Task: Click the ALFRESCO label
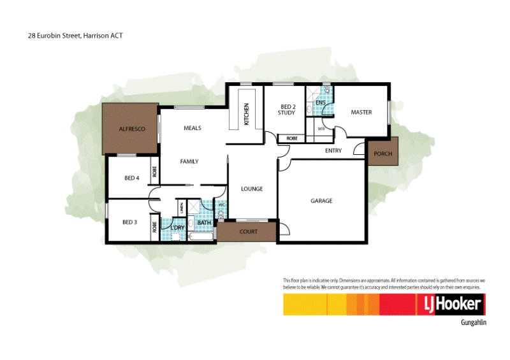pyautogui.click(x=132, y=129)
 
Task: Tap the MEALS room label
pyautogui.click(x=192, y=128)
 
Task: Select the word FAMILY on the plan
pyautogui.click(x=189, y=162)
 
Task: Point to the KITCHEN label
pyautogui.click(x=247, y=115)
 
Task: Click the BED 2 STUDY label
pyautogui.click(x=286, y=110)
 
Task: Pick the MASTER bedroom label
pyautogui.click(x=361, y=113)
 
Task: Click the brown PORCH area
pyautogui.click(x=383, y=154)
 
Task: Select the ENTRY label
pyautogui.click(x=333, y=151)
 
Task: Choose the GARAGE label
pyautogui.click(x=321, y=201)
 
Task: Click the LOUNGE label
pyautogui.click(x=252, y=189)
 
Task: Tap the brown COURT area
pyautogui.click(x=248, y=232)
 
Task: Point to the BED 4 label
pyautogui.click(x=132, y=178)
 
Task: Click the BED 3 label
pyautogui.click(x=129, y=222)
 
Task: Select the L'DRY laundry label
pyautogui.click(x=177, y=227)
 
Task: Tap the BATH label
pyautogui.click(x=204, y=223)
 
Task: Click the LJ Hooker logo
pyautogui.click(x=452, y=305)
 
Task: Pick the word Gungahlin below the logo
pyautogui.click(x=473, y=323)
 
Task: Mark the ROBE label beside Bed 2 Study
pyautogui.click(x=292, y=138)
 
